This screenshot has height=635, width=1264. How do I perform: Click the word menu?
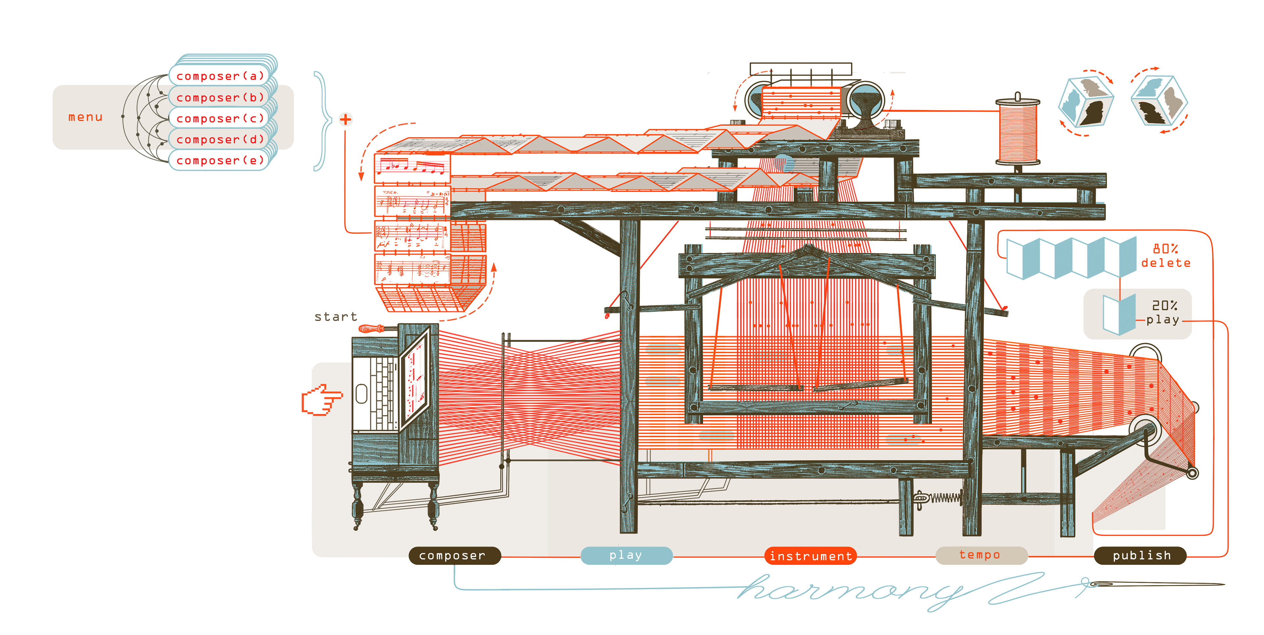click(85, 117)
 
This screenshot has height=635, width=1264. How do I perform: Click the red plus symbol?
click(345, 119)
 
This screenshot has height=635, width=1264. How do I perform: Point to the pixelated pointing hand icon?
click(320, 400)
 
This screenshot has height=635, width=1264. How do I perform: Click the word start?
click(336, 317)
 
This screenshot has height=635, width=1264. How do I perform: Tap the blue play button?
click(626, 555)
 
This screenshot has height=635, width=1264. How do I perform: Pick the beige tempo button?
click(980, 555)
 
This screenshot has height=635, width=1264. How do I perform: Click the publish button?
click(1141, 555)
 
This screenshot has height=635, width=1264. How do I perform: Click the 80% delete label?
click(1165, 256)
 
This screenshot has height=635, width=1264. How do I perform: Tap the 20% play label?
click(1163, 313)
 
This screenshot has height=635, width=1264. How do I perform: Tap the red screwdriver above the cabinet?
click(373, 329)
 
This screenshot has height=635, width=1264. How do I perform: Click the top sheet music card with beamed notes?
click(412, 168)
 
